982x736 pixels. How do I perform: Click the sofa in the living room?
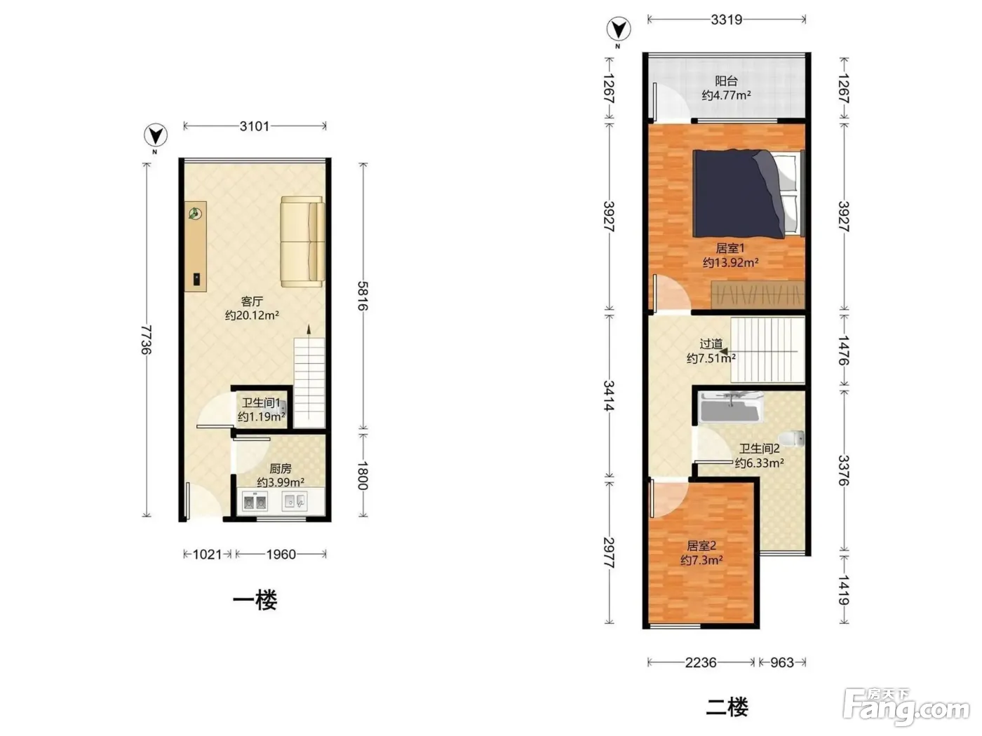302,241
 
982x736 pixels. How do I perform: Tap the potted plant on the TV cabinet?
195,214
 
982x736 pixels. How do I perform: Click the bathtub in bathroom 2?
731,407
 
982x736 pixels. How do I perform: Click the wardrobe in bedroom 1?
758,294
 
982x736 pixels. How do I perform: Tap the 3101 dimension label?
254,126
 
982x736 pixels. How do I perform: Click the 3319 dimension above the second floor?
726,20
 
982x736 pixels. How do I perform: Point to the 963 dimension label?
781,662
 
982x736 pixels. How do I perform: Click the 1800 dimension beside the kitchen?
363,475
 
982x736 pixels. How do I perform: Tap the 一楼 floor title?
255,600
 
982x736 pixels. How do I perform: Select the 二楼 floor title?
727,707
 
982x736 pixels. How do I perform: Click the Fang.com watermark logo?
906,707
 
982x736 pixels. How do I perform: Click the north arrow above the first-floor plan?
156,135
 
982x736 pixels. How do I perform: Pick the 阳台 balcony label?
726,81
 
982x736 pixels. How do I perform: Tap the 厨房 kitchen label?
281,468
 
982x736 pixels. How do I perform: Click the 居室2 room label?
701,545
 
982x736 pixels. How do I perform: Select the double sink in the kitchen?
255,501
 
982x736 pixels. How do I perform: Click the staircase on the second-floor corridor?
767,350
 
